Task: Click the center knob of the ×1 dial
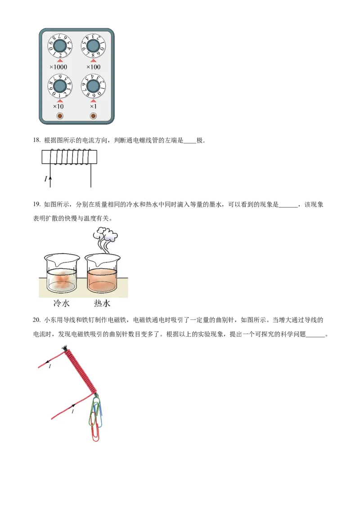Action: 93,86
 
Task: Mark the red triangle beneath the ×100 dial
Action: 93,60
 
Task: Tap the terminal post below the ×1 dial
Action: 93,116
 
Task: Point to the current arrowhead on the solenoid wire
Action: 50,179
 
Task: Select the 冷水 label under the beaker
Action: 60,304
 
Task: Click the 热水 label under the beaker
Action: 102,304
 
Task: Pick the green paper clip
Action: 94,409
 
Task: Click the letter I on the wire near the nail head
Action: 49,367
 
